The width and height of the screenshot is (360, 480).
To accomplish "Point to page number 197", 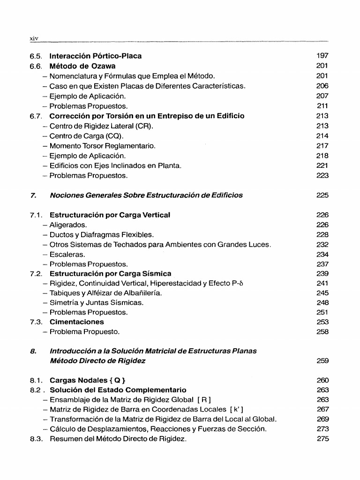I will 322,56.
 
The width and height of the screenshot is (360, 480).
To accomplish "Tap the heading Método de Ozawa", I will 82,66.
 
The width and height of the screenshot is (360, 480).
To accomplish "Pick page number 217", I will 322,146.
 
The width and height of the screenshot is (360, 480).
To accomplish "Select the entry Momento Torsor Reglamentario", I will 102,146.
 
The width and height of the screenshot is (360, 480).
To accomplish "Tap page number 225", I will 322,195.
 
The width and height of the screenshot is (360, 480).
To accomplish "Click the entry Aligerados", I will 68,225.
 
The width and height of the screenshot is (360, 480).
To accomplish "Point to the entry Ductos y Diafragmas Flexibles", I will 101,235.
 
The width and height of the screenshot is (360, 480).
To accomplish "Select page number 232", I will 322,245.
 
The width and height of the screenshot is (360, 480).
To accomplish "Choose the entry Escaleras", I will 67,255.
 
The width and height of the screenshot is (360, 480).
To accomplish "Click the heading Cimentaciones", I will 77,322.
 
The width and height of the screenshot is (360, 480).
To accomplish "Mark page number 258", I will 322,332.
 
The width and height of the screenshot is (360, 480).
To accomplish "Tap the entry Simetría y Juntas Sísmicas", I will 97,302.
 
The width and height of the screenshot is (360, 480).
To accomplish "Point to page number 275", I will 322,439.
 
